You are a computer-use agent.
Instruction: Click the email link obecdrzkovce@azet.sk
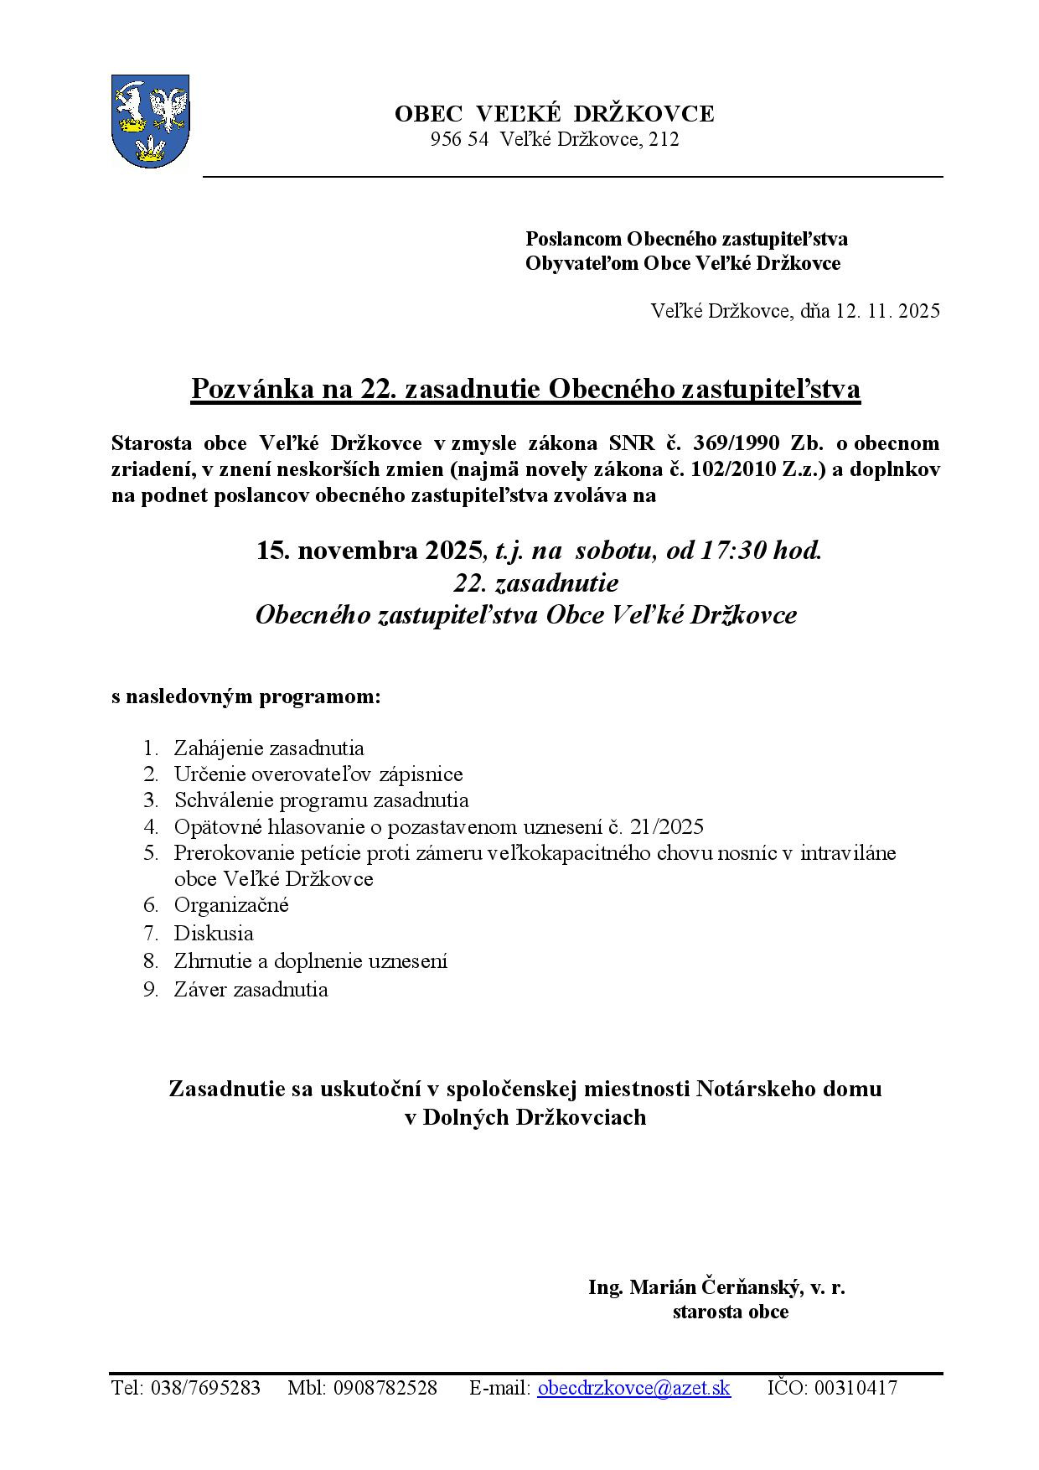click(x=633, y=1388)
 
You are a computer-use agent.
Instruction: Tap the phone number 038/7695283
click(x=206, y=1388)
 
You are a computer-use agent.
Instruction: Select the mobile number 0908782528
click(x=385, y=1388)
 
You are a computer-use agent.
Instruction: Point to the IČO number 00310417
click(x=855, y=1388)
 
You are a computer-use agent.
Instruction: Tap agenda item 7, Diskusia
click(x=214, y=933)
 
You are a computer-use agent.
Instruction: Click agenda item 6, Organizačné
click(x=231, y=905)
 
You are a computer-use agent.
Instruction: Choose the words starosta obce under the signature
click(x=730, y=1312)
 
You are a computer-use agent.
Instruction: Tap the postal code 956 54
click(x=459, y=140)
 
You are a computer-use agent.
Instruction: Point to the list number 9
click(x=151, y=990)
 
